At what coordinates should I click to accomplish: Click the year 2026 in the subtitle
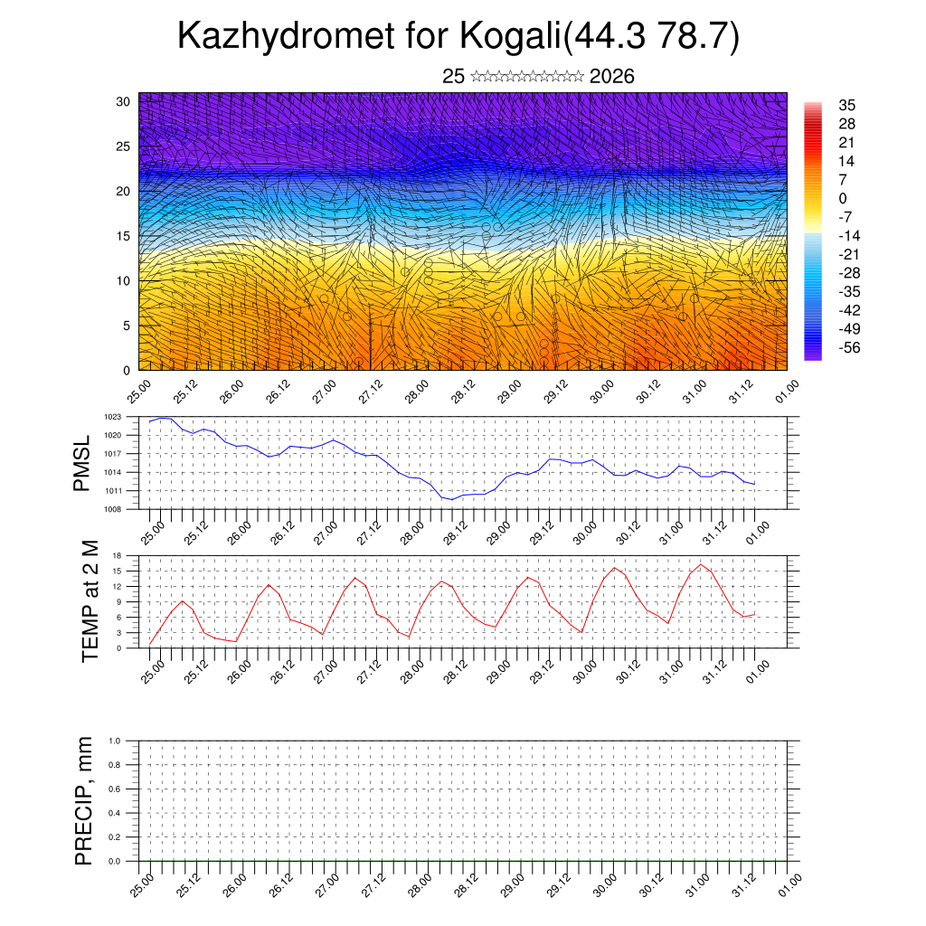tap(611, 77)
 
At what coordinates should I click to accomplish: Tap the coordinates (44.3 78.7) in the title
tap(650, 36)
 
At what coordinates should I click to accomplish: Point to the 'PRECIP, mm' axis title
tap(84, 800)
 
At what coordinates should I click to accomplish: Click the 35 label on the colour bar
tap(847, 105)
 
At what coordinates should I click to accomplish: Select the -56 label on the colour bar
tap(849, 347)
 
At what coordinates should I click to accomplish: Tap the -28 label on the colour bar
tap(849, 273)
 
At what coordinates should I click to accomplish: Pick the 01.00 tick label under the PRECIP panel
tap(788, 884)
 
